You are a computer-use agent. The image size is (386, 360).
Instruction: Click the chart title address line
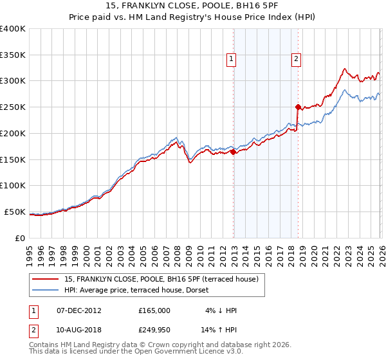(x=193, y=7)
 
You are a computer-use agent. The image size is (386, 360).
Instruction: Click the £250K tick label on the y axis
(x=13, y=107)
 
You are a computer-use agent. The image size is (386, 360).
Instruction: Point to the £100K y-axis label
(x=13, y=185)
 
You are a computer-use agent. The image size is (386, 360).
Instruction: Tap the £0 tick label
(x=19, y=238)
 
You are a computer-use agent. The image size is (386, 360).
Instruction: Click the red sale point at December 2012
(x=233, y=152)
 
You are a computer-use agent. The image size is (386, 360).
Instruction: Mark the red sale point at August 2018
(x=298, y=107)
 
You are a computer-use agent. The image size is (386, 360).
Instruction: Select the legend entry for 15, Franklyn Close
(x=161, y=279)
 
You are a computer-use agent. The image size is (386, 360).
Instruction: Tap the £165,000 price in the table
(x=154, y=310)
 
